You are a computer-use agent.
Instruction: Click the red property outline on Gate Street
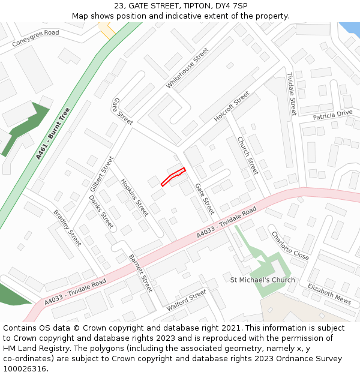tap(173, 176)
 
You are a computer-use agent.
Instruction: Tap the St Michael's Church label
tap(263, 280)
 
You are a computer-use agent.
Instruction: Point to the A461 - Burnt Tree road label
tap(53, 133)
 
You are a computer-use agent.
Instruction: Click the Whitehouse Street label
tap(187, 68)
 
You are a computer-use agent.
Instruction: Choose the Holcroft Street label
tap(232, 107)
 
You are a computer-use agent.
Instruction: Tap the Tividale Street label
tap(291, 94)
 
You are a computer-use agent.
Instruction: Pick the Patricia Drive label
tap(332, 114)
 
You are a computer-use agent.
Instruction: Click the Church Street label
tap(247, 155)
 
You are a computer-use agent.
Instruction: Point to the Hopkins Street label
tap(134, 197)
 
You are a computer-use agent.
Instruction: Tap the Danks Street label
tap(101, 212)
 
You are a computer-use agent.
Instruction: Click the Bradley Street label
tap(67, 227)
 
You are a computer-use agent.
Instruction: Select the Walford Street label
tap(186, 299)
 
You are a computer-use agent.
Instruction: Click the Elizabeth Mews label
tap(329, 293)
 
